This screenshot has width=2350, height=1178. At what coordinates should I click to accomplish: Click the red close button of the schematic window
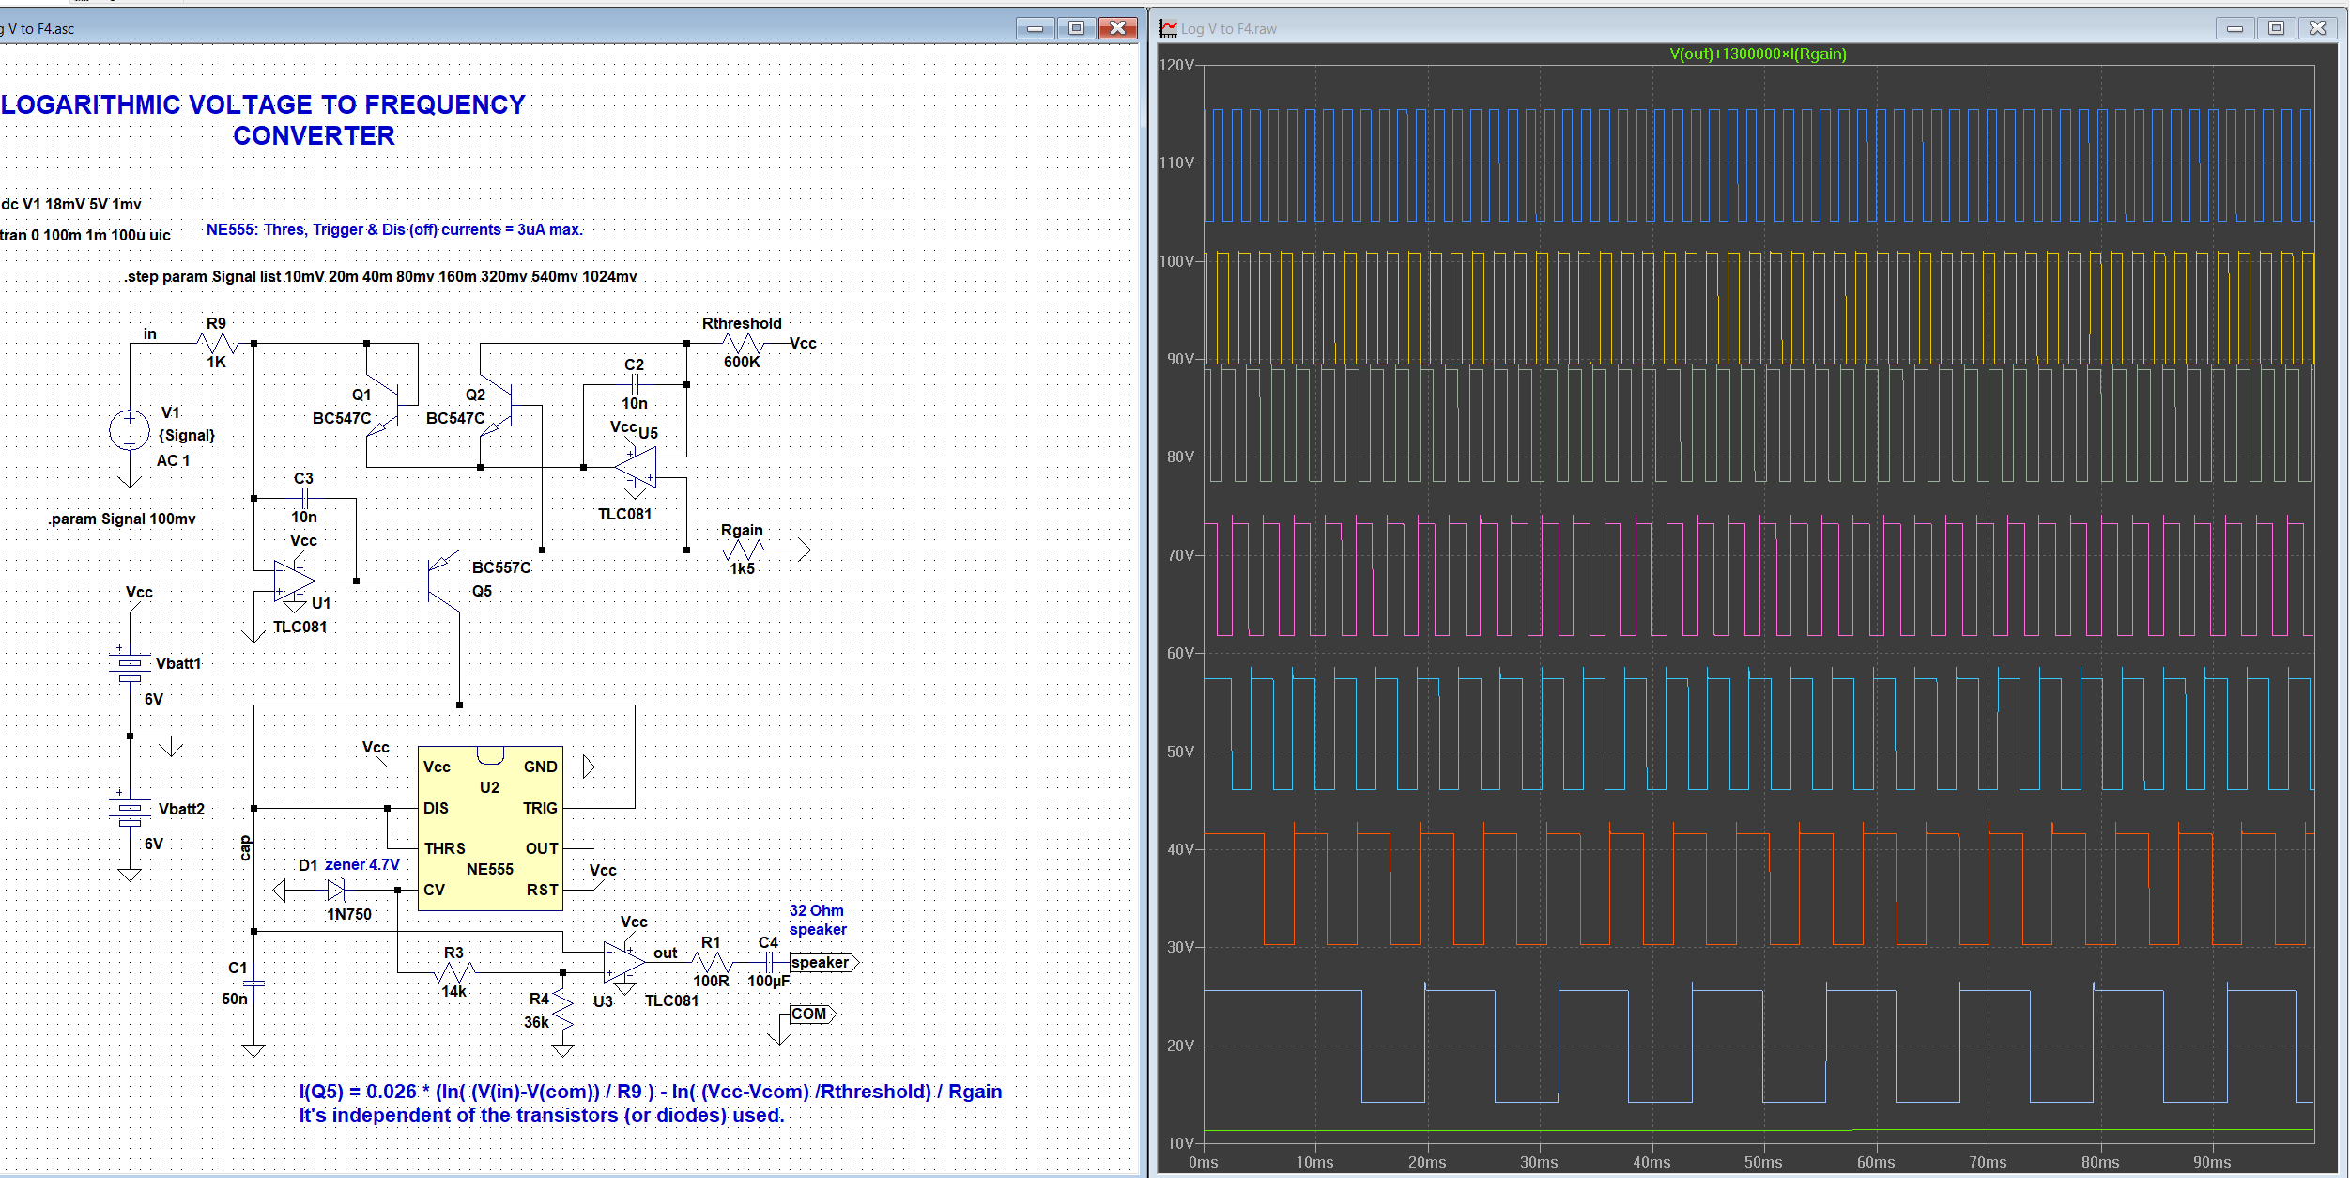click(x=1117, y=28)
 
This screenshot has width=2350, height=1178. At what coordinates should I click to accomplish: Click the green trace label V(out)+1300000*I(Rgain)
click(x=1758, y=54)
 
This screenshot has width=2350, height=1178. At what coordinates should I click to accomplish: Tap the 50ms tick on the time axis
click(x=1763, y=1162)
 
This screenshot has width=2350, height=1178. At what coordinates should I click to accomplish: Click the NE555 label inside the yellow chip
click(x=490, y=870)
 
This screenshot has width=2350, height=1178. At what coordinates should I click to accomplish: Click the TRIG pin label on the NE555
click(x=540, y=808)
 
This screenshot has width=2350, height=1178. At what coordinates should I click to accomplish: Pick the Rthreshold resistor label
click(x=742, y=323)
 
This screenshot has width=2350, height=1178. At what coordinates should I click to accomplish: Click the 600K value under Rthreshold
click(x=742, y=362)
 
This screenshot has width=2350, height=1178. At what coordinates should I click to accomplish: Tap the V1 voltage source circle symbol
click(x=130, y=430)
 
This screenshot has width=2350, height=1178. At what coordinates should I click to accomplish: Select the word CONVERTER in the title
click(x=314, y=136)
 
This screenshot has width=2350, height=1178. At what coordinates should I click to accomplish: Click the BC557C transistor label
click(x=501, y=567)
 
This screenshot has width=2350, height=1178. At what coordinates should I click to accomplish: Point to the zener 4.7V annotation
click(x=361, y=864)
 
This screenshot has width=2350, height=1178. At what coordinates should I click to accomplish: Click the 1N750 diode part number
click(x=349, y=914)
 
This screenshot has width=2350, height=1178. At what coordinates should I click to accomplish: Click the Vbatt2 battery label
click(x=181, y=809)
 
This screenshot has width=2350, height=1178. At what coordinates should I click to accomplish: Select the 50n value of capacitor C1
click(x=235, y=999)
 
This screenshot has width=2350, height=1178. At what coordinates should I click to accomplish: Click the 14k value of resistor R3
click(x=454, y=991)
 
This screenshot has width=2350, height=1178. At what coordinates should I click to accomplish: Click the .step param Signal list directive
click(x=380, y=276)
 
